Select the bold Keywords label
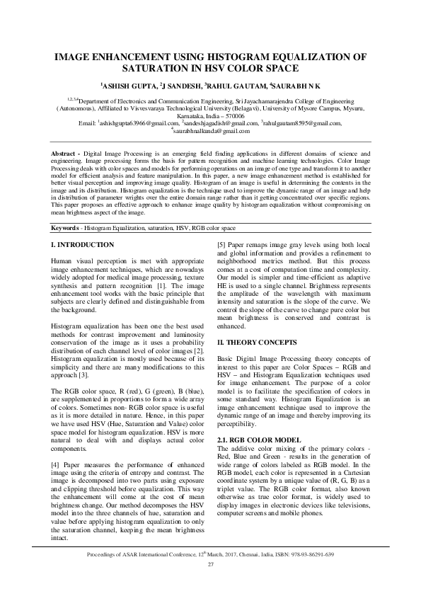click(68, 229)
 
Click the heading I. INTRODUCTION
click(83, 244)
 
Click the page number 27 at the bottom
click(210, 564)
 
